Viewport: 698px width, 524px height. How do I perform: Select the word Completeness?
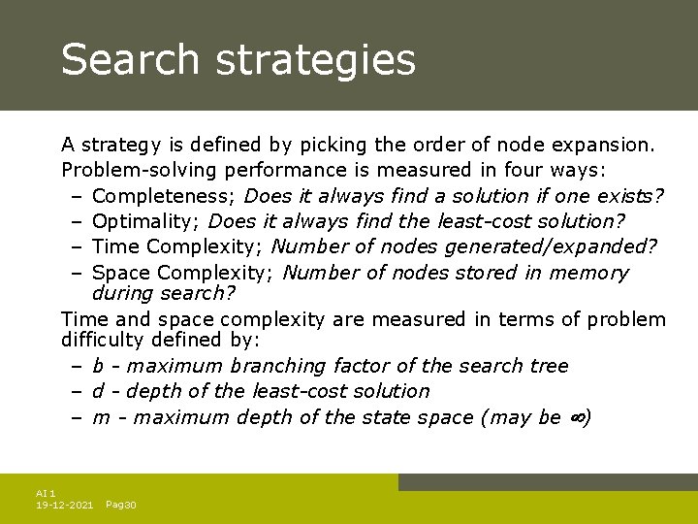[x=161, y=196]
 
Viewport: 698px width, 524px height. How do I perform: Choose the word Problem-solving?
[x=143, y=171]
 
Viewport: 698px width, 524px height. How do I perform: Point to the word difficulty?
[x=101, y=341]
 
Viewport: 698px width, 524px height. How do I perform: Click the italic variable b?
[x=99, y=366]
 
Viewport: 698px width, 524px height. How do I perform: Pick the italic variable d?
[x=99, y=391]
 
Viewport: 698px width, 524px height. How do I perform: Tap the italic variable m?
[x=101, y=417]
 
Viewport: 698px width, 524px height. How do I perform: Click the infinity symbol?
[x=577, y=418]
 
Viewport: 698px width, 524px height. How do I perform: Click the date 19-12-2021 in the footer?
[x=64, y=506]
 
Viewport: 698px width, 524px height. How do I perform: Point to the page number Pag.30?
[x=121, y=506]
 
